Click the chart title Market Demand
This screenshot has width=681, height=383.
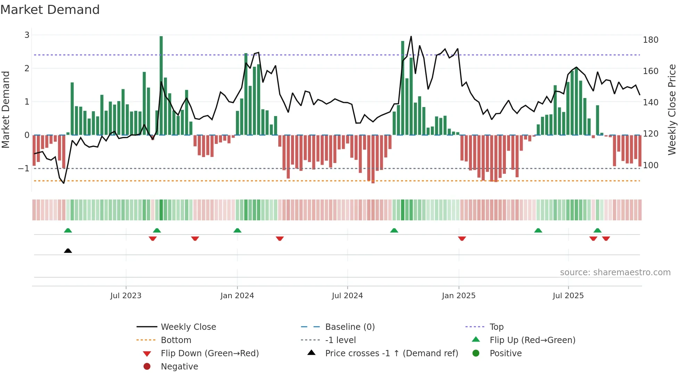(x=50, y=10)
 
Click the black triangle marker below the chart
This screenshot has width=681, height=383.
(x=68, y=251)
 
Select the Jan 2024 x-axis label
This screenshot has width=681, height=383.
(x=237, y=296)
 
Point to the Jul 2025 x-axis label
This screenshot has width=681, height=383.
(x=568, y=296)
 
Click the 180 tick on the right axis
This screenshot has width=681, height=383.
(x=650, y=40)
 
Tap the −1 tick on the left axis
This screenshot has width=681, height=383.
(x=24, y=169)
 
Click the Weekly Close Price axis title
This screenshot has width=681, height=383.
(x=672, y=109)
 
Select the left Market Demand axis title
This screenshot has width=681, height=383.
(x=6, y=109)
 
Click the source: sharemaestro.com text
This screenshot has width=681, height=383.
(x=615, y=272)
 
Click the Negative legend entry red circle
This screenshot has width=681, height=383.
(x=147, y=367)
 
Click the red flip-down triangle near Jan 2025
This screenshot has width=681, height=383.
(x=462, y=238)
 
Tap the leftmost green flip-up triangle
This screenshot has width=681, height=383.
(x=68, y=230)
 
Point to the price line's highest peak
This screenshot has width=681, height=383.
(x=411, y=36)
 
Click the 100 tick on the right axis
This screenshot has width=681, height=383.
(x=650, y=165)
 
